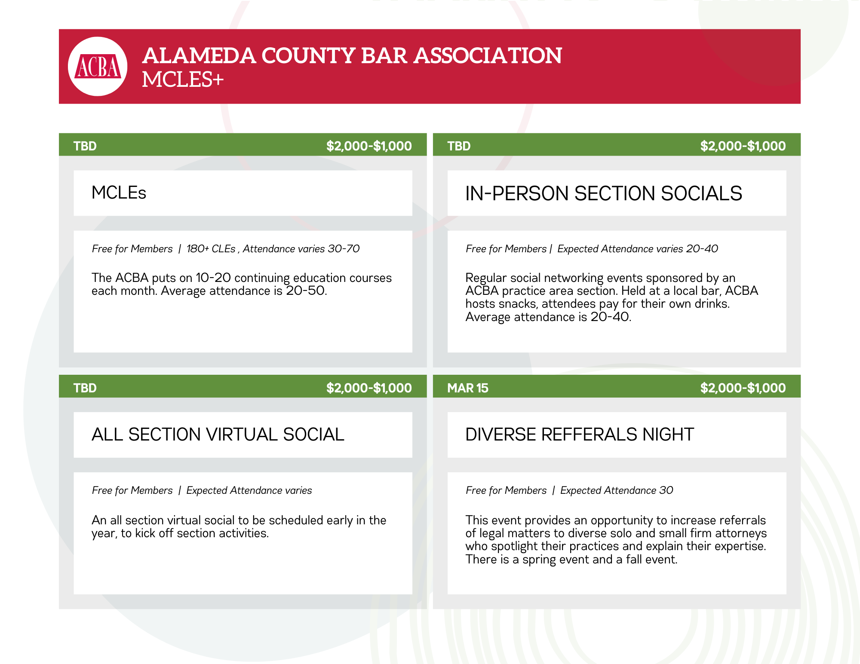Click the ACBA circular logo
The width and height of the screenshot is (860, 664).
98,66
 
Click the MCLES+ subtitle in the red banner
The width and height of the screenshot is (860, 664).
183,80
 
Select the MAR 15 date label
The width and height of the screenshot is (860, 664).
468,388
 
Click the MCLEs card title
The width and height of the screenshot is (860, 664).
119,193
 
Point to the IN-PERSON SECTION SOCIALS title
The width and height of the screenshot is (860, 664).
604,193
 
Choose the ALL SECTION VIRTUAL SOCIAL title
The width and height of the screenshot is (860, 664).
218,435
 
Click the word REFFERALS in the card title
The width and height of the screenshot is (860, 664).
589,435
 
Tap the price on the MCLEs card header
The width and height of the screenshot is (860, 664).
369,146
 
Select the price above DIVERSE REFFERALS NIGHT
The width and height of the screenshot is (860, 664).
743,388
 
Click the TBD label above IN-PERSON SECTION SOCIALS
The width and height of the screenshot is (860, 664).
459,146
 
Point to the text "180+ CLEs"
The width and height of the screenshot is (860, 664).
211,249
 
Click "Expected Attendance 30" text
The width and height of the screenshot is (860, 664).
617,490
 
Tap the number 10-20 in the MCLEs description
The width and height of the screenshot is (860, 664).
213,278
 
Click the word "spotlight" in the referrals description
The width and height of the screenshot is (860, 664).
516,546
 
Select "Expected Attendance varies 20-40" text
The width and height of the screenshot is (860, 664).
638,249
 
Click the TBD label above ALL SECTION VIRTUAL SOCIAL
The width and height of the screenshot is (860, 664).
85,388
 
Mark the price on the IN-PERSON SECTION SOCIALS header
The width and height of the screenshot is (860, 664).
743,146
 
